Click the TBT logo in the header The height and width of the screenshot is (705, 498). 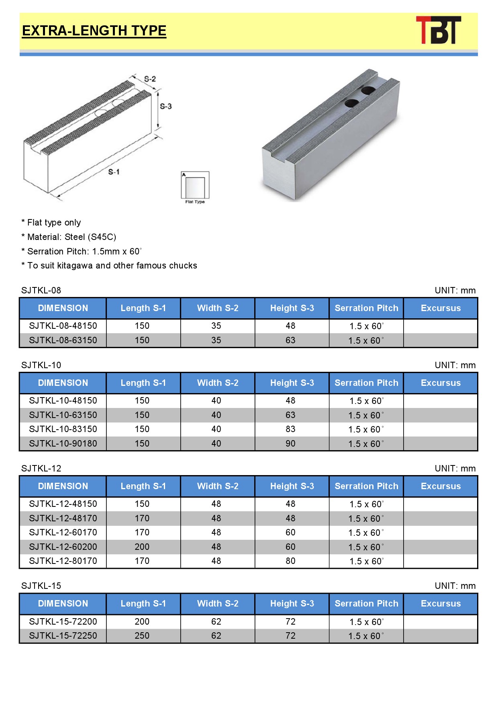coord(438,30)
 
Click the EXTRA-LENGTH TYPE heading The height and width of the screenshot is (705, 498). coord(94,31)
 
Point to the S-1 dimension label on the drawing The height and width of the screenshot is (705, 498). coord(114,172)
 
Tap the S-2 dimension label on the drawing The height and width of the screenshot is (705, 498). coord(150,79)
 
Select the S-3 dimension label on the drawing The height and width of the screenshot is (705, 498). coord(165,106)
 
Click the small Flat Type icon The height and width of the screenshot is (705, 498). coord(195,187)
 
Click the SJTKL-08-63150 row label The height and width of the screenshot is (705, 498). coord(63,340)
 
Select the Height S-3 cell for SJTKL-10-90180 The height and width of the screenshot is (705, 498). coord(290,444)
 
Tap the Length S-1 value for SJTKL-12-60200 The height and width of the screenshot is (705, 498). coord(142,547)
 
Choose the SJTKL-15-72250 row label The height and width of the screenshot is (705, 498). coord(63,636)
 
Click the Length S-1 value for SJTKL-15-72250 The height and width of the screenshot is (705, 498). coord(142,636)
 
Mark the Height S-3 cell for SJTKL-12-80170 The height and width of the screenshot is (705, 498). coord(290,561)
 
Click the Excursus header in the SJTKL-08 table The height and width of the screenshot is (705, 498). coord(441,308)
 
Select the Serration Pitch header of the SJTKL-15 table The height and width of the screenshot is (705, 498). coord(366,604)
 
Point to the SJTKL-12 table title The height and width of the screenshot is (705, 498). coord(41,469)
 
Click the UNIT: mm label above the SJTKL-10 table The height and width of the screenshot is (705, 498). coord(455,365)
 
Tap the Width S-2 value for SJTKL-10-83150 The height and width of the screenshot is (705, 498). coord(216,429)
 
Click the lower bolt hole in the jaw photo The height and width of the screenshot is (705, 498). coord(351,103)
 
